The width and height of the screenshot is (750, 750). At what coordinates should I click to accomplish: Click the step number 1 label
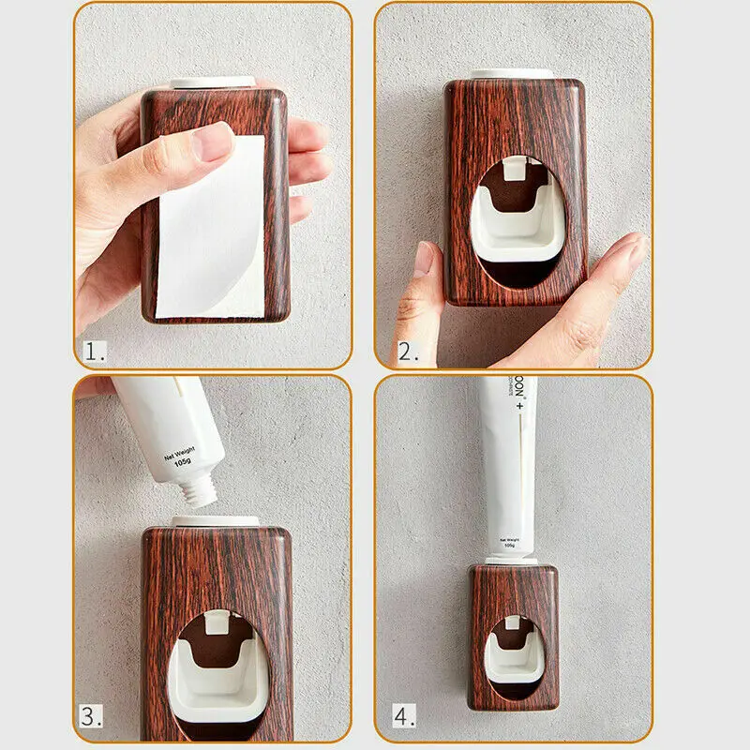click(x=94, y=352)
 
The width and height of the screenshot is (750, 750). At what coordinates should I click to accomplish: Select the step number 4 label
click(x=404, y=717)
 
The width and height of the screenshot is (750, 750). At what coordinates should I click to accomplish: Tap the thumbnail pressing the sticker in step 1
click(x=213, y=143)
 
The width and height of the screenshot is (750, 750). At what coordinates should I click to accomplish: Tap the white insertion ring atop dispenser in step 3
click(x=216, y=520)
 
